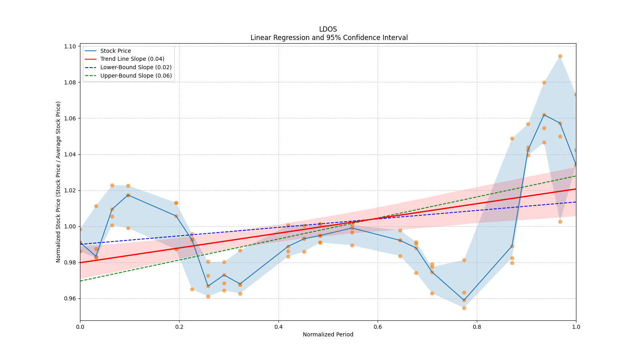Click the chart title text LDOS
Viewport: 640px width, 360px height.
point(328,29)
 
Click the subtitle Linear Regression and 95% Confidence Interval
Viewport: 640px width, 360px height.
point(329,38)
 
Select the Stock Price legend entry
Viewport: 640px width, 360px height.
point(116,51)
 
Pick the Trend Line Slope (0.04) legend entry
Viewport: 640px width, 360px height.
point(132,59)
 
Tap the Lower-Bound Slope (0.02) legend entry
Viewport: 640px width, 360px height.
point(136,67)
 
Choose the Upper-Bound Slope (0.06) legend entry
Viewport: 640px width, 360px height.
point(136,76)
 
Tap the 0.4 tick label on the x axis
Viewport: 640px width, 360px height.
point(278,327)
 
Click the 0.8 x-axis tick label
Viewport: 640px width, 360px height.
point(477,327)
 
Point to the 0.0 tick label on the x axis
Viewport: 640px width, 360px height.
point(80,327)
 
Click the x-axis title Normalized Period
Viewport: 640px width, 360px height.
point(328,334)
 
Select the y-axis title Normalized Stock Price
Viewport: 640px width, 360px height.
point(58,182)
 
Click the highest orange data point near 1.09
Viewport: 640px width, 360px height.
point(560,56)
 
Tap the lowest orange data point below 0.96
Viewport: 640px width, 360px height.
point(464,308)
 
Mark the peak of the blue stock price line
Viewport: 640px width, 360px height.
point(544,115)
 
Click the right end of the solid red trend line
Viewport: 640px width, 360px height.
point(576,189)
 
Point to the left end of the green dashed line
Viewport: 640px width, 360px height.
point(80,281)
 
